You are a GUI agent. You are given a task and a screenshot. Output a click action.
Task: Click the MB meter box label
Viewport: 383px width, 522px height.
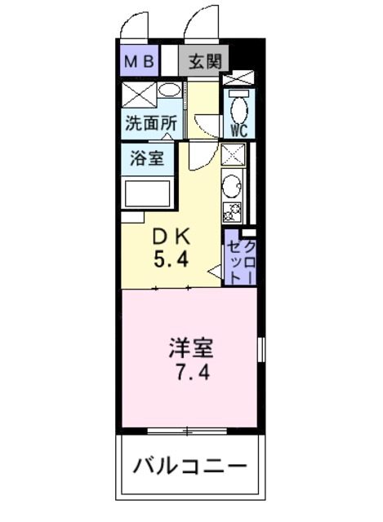pos(139,62)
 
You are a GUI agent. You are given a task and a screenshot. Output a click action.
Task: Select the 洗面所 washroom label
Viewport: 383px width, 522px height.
pos(151,123)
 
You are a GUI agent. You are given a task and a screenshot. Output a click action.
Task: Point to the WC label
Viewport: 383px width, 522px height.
pos(239,130)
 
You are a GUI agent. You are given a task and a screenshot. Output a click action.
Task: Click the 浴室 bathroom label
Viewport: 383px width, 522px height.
pos(147,157)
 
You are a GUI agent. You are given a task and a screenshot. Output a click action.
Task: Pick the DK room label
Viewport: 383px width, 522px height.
pos(171,237)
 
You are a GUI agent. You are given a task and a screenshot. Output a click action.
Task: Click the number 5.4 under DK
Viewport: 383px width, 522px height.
pos(171,259)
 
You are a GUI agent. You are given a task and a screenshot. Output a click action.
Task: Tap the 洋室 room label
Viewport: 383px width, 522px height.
pos(191,347)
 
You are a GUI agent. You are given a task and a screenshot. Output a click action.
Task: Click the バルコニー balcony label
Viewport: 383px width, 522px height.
pos(190,465)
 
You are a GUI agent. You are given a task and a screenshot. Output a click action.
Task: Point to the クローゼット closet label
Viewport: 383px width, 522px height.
pos(242,263)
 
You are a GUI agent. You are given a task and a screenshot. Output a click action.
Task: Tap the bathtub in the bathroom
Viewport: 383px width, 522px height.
pos(147,194)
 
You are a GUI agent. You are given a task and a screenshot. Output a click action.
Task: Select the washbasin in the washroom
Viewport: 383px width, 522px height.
pos(169,90)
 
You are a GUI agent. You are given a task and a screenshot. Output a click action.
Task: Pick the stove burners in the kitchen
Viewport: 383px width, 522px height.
pos(232,212)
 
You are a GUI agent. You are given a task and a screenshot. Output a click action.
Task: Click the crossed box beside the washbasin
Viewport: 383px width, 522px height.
pos(139,95)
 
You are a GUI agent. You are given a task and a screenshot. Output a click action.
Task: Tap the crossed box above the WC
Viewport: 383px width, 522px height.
pos(238,78)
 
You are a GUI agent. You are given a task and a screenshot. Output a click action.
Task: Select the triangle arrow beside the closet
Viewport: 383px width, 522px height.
pos(215,272)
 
